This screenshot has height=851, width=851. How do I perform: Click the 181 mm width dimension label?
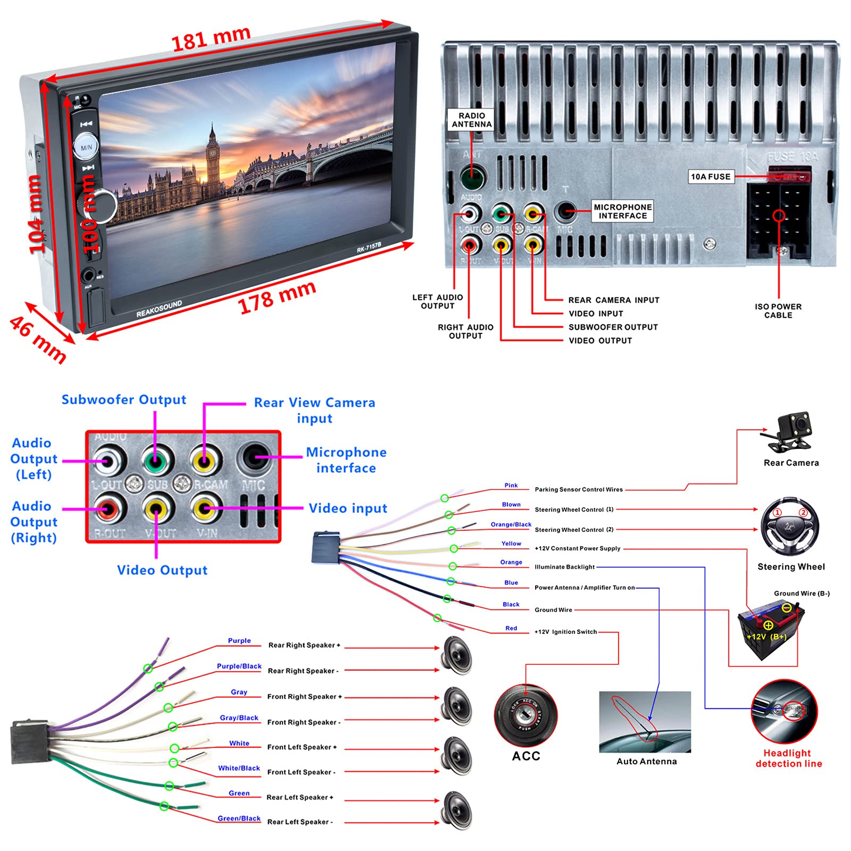click(x=211, y=38)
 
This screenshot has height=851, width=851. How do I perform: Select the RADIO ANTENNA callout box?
click(x=472, y=120)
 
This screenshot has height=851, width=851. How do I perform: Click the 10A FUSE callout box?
click(x=711, y=177)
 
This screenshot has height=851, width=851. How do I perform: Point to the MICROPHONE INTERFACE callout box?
click(x=623, y=211)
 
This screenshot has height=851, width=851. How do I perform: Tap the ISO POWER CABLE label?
click(x=778, y=311)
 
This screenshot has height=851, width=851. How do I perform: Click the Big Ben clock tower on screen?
click(x=213, y=160)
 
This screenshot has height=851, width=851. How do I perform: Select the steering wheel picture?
click(x=790, y=527)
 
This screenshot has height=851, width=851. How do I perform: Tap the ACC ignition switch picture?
click(x=525, y=715)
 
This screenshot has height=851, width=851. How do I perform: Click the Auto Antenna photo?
click(x=645, y=722)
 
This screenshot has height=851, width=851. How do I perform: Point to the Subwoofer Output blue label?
click(x=124, y=400)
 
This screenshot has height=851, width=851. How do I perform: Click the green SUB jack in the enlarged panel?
click(x=155, y=461)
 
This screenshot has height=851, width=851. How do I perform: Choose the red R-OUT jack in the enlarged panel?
click(x=107, y=509)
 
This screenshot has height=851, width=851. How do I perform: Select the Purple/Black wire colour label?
click(x=239, y=666)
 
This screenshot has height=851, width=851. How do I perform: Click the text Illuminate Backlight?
click(x=565, y=567)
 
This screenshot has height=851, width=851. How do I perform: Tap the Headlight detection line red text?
click(x=788, y=758)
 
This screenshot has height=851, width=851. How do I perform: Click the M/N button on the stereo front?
click(x=86, y=146)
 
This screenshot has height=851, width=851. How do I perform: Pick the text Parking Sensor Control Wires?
click(x=579, y=489)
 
